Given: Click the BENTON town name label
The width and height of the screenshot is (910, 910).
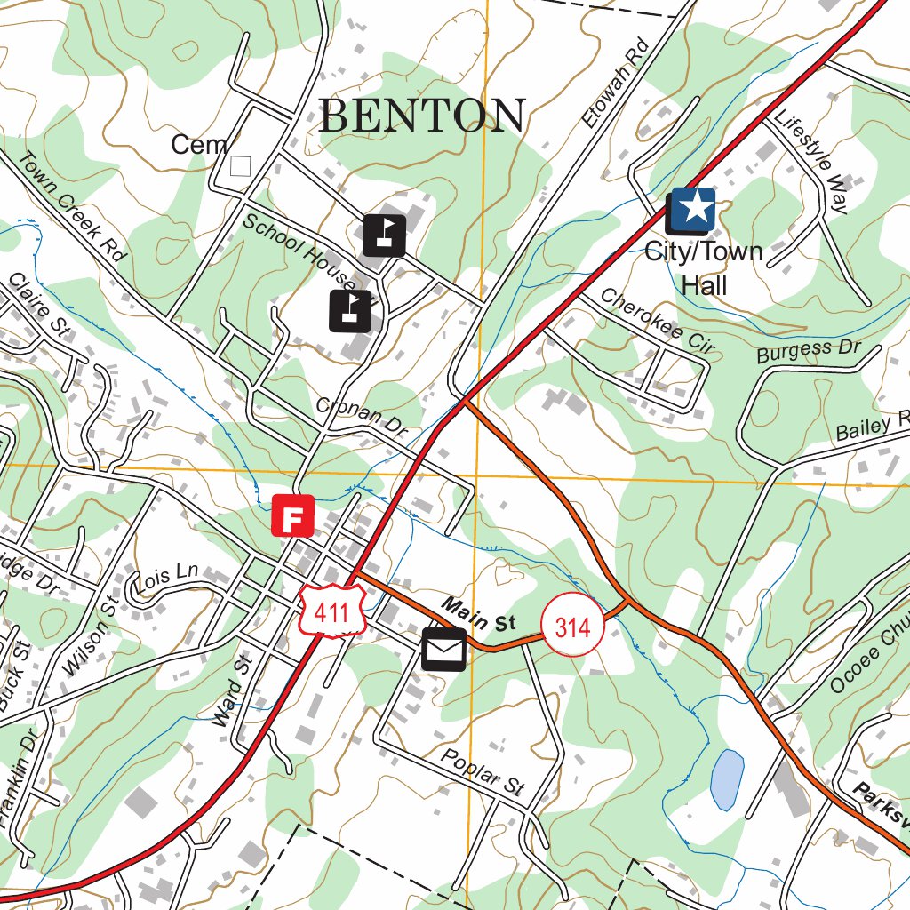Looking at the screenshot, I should coord(422,116).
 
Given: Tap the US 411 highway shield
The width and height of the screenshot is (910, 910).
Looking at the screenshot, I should coord(333,609).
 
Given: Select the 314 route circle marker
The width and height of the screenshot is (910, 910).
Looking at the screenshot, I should coord(572,627).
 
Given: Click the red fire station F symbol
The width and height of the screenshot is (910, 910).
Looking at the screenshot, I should coord(293,516).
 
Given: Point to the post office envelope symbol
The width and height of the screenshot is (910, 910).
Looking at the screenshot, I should coord(443,650).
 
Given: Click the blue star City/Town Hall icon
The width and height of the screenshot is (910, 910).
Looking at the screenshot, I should coord(693,210).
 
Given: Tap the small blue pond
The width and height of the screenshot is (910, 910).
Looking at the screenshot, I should coord(727,778).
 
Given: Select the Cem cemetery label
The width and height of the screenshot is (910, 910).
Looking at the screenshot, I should coord(200,145).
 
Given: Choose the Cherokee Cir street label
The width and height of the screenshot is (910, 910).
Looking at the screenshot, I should coord(656,322).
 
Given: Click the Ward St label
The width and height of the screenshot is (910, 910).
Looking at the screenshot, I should coord(229,690).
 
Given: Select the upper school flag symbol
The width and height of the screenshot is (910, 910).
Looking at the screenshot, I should coord(384,235).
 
